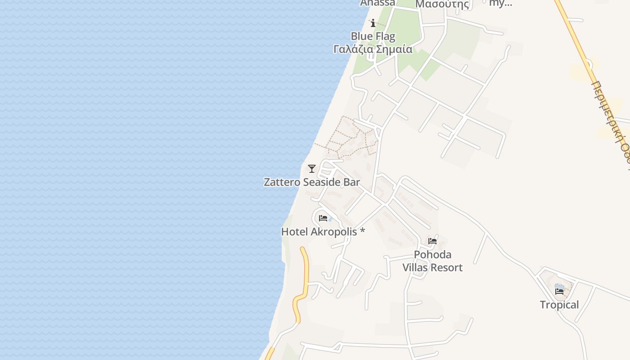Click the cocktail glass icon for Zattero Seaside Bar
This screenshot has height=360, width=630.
pyautogui.click(x=311, y=169)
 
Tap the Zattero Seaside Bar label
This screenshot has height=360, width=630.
pyautogui.click(x=311, y=182)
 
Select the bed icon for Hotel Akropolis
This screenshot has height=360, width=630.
pyautogui.click(x=323, y=218)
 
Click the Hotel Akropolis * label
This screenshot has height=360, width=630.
pyautogui.click(x=323, y=232)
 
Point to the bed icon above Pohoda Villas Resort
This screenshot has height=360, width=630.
pyautogui.click(x=432, y=241)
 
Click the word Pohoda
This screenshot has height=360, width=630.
pyautogui.click(x=432, y=255)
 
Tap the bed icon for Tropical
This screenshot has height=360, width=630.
pyautogui.click(x=559, y=291)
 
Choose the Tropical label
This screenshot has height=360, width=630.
pyautogui.click(x=559, y=305)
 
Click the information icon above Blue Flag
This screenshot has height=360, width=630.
pyautogui.click(x=373, y=23)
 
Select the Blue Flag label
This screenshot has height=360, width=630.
pyautogui.click(x=373, y=36)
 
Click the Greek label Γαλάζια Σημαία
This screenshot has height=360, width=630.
pyautogui.click(x=373, y=49)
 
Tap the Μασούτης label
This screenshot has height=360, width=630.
pyautogui.click(x=442, y=4)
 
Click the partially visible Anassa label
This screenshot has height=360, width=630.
pyautogui.click(x=378, y=3)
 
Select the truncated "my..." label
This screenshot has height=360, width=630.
pyautogui.click(x=500, y=3)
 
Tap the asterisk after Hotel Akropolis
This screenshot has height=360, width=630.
pyautogui.click(x=362, y=232)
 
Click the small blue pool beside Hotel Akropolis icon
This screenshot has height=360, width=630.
pyautogui.click(x=331, y=219)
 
